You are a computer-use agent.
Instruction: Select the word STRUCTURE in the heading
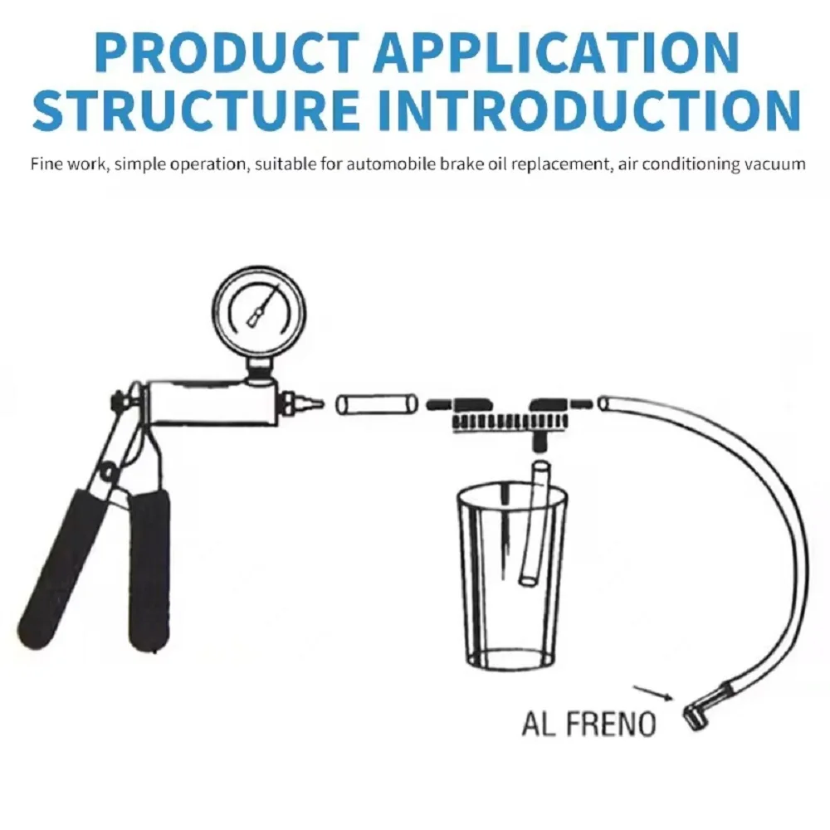[196, 110]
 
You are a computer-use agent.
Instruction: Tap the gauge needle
[262, 305]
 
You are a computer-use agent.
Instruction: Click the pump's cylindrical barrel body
[212, 403]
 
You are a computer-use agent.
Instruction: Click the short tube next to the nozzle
[377, 405]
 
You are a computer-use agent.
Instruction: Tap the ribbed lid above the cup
[510, 422]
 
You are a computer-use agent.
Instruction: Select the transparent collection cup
[512, 577]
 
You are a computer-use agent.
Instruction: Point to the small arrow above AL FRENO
[653, 693]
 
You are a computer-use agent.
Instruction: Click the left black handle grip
[59, 569]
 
